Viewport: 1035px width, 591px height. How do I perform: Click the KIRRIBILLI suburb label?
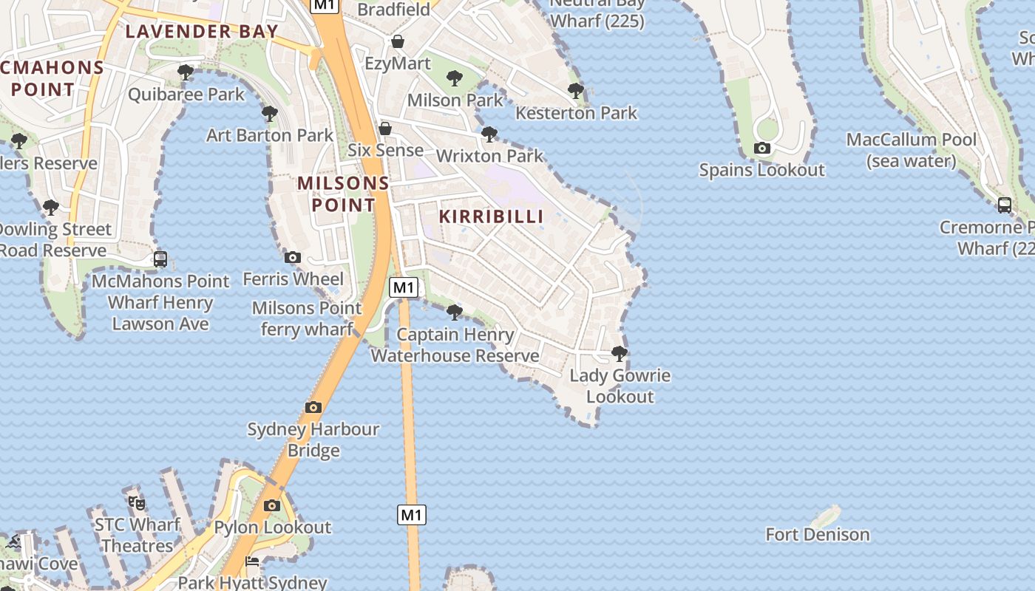(492, 216)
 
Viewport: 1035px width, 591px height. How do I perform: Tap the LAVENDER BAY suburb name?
(202, 31)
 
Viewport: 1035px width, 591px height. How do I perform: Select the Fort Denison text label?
(817, 534)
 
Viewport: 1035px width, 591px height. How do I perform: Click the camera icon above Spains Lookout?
(762, 148)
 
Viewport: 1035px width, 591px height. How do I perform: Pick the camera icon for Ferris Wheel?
(293, 257)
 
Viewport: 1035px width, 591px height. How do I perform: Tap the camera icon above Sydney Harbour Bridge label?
(313, 407)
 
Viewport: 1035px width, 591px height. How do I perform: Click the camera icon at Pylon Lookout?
(272, 505)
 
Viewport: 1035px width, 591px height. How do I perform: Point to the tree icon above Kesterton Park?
(576, 91)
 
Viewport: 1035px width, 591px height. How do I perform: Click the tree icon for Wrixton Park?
(489, 134)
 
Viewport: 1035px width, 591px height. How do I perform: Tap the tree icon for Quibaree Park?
(186, 72)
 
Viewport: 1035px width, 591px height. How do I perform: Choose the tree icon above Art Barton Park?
(270, 113)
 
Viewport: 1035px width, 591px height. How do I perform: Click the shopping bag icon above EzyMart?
(398, 41)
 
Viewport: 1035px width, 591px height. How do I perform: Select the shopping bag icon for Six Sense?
(385, 129)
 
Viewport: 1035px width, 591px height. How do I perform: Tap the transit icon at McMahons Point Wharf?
(160, 259)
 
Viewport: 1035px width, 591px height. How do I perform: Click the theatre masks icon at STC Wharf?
(137, 503)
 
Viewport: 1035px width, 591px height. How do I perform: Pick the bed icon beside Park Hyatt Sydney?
(252, 561)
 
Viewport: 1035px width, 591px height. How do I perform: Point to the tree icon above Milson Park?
(455, 78)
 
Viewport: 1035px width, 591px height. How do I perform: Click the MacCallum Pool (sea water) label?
(911, 150)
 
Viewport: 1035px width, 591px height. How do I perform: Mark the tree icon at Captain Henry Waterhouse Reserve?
(455, 312)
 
